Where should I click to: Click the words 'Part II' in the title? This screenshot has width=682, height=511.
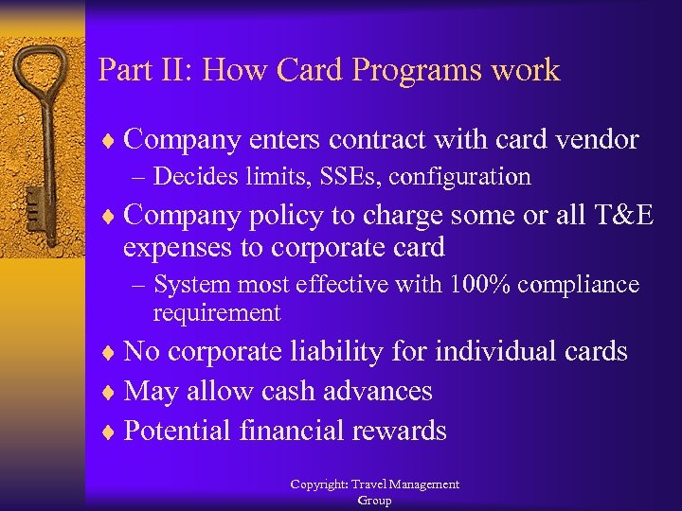point(131,70)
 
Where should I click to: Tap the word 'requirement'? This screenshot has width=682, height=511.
point(217,312)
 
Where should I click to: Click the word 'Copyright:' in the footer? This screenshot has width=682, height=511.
point(319,485)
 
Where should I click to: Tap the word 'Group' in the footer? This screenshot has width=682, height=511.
point(374,500)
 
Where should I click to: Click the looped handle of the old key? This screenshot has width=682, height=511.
point(43,76)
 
